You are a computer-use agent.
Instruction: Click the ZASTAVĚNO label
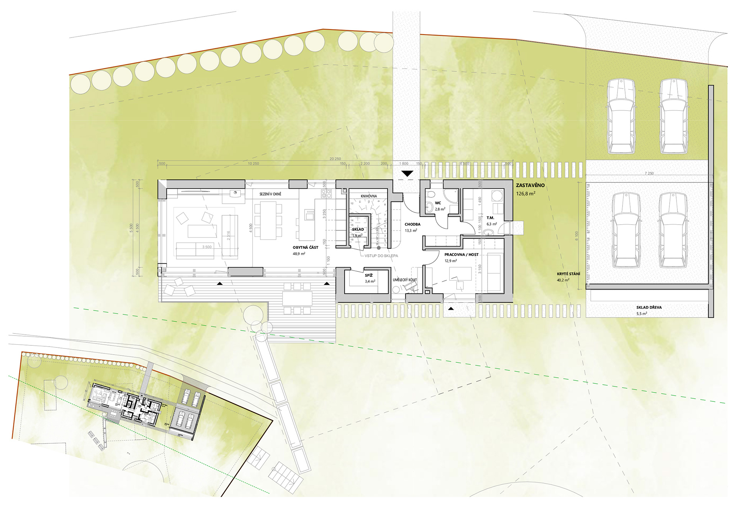tap(530, 186)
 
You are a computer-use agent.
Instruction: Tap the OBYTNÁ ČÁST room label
tap(306, 248)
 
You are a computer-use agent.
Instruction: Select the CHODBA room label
tap(412, 225)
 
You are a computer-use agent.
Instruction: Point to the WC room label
tap(438, 203)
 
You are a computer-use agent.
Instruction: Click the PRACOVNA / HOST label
tap(461, 255)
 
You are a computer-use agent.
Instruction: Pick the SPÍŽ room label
tap(369, 276)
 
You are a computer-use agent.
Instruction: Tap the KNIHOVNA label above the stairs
tap(369, 196)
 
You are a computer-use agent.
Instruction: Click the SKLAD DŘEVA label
tap(649, 307)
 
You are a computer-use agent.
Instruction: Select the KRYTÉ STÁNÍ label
tap(568, 274)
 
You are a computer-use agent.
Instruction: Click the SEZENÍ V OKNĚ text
tap(270, 194)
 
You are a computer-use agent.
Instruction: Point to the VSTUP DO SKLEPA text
tap(381, 256)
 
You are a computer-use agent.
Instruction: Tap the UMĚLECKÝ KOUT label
tap(405, 280)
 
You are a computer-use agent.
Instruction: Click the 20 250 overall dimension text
tap(335, 159)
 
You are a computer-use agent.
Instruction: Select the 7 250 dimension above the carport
tap(649, 173)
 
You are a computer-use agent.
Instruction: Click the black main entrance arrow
tap(407, 174)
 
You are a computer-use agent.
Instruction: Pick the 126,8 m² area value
tap(526, 194)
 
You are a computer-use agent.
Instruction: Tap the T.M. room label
tap(490, 218)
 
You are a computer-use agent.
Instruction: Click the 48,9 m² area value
tap(299, 254)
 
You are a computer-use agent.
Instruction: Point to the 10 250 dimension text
tap(253, 164)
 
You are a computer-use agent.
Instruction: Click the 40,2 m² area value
tap(563, 280)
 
